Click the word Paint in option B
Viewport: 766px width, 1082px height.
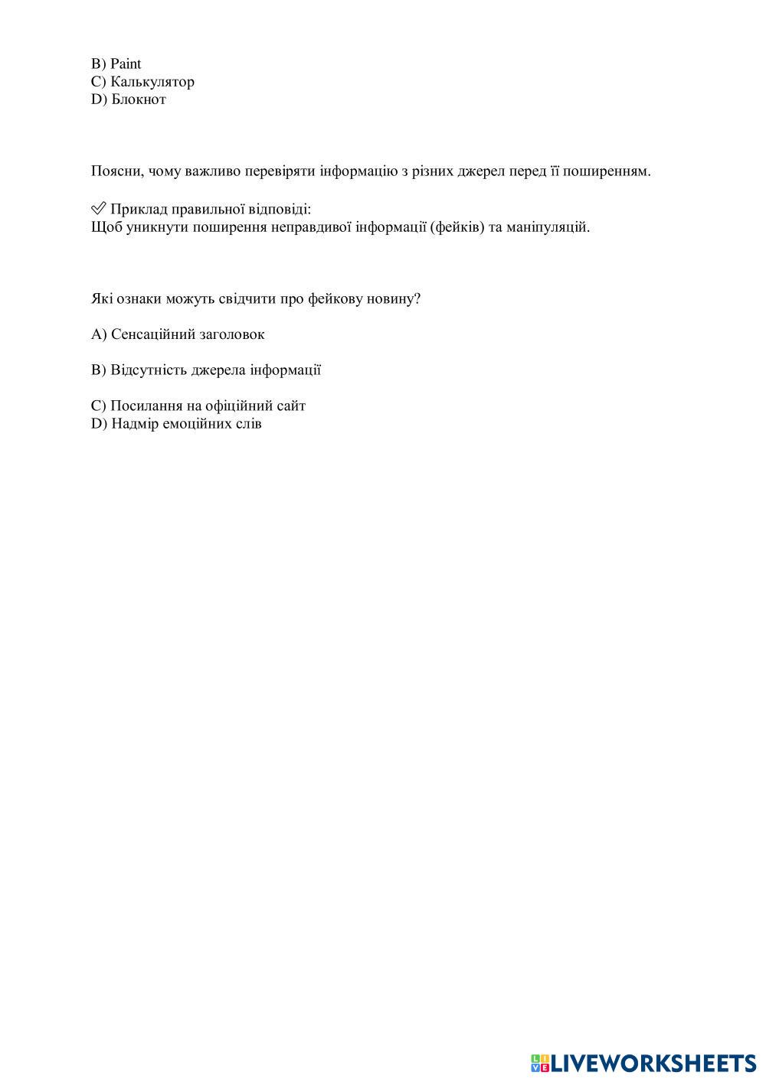coord(126,64)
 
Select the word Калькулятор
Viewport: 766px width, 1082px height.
coord(152,82)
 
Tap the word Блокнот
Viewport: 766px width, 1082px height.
coord(139,99)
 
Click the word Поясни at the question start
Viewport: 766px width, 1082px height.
coord(115,171)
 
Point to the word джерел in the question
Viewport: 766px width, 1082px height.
coord(480,171)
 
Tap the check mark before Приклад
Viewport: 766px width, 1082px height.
coord(98,209)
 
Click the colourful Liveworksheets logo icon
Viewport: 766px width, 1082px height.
coord(540,1063)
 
